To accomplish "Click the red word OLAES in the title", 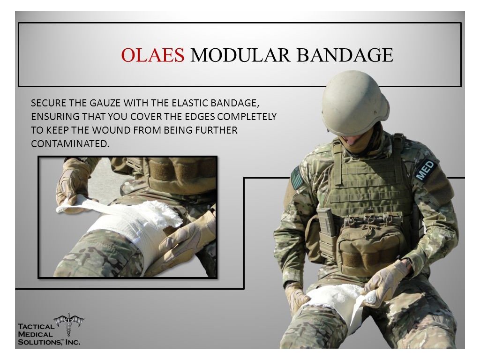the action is click(x=152, y=55).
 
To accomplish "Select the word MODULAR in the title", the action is click(x=240, y=55).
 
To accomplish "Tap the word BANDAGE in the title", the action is click(x=345, y=55).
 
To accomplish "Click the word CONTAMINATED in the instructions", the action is click(x=70, y=143).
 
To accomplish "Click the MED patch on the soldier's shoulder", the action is click(x=426, y=170).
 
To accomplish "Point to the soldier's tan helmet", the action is click(x=355, y=103).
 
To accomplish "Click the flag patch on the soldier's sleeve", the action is click(x=296, y=178).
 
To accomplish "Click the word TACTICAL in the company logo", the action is click(x=36, y=326).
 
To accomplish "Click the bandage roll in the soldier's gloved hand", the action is click(x=371, y=297).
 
